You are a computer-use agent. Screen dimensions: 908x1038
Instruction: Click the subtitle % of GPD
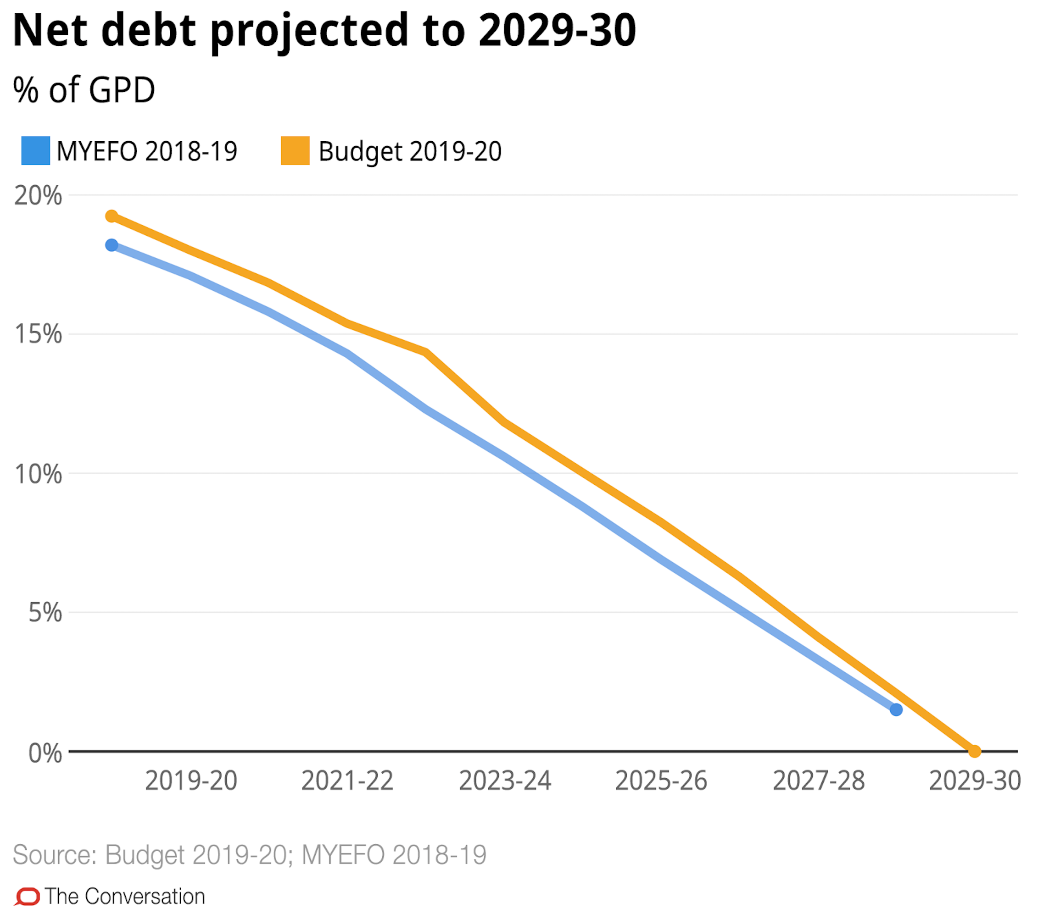[84, 90]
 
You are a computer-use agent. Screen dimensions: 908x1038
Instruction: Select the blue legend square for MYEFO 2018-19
[35, 150]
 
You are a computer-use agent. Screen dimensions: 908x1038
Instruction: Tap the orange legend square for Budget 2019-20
[295, 150]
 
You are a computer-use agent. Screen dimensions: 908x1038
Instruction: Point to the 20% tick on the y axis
[38, 195]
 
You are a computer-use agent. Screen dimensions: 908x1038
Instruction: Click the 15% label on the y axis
[38, 334]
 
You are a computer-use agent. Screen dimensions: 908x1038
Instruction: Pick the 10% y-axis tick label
[38, 474]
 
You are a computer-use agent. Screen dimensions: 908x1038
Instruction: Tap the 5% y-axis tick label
[45, 613]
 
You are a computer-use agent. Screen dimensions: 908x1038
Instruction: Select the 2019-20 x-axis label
[191, 781]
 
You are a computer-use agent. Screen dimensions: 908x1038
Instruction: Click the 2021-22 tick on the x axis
[347, 781]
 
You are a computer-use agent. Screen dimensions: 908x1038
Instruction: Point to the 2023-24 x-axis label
[505, 781]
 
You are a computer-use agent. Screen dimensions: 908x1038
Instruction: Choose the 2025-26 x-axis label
[661, 781]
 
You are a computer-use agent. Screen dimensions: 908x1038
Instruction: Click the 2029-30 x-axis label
[974, 781]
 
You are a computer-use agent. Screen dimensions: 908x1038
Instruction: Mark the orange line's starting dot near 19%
[112, 216]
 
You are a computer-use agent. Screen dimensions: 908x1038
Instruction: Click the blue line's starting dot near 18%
[112, 245]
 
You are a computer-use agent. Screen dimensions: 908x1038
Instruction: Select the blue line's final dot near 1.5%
[896, 710]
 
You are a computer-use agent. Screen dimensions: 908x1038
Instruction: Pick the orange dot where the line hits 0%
[974, 752]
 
